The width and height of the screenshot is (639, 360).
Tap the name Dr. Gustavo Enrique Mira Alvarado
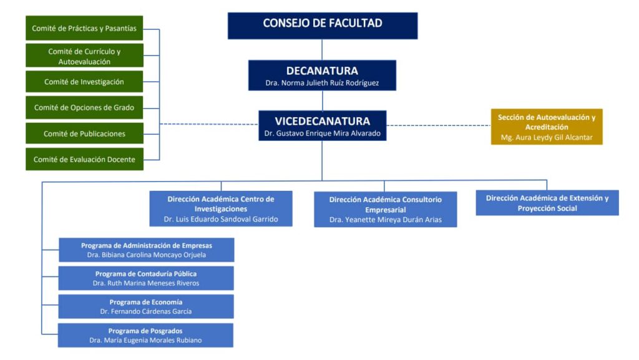[x=322, y=133]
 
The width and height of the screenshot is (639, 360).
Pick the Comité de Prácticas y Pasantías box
[x=84, y=28]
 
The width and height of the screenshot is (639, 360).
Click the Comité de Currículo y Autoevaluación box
[x=84, y=56]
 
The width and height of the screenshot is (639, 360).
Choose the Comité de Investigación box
[x=84, y=82]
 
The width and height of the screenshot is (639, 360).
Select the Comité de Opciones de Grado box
[x=84, y=107]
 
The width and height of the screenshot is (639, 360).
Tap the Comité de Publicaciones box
[x=84, y=134]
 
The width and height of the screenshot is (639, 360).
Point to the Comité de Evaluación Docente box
[x=84, y=159]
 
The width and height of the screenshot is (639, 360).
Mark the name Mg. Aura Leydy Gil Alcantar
[x=547, y=137]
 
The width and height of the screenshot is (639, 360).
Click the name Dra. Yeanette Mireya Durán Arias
[x=385, y=220]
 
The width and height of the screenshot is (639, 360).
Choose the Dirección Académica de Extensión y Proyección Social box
[x=547, y=203]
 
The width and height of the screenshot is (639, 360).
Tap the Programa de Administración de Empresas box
[x=147, y=250]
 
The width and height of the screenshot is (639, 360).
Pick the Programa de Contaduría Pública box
[x=147, y=278]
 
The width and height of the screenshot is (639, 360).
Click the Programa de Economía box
[x=147, y=306]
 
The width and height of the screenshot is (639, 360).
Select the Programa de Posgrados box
[x=145, y=335]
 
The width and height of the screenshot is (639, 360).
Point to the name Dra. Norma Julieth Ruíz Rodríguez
[x=322, y=83]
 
